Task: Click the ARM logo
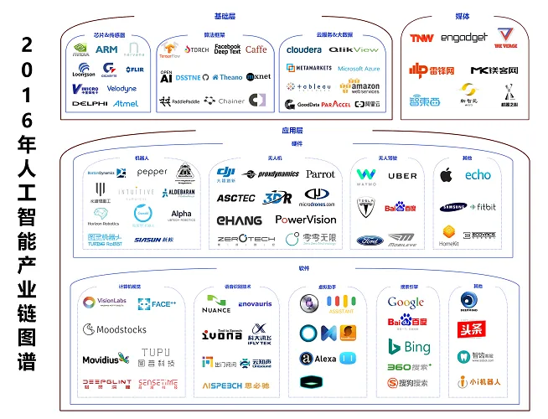[x=106, y=49]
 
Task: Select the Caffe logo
[x=256, y=49]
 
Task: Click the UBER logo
[x=402, y=176]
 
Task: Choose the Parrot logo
[x=320, y=174]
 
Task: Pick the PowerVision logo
[x=306, y=220]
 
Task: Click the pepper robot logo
[x=152, y=172]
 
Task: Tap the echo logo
[x=478, y=175]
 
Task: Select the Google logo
[x=406, y=303]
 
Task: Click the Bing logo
[x=410, y=347]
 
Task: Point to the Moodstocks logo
[x=116, y=329]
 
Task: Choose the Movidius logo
[x=106, y=360]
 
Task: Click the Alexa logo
[x=319, y=359]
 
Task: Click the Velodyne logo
[x=121, y=89]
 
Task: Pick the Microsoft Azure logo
[x=359, y=69]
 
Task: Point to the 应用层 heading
[x=291, y=131]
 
